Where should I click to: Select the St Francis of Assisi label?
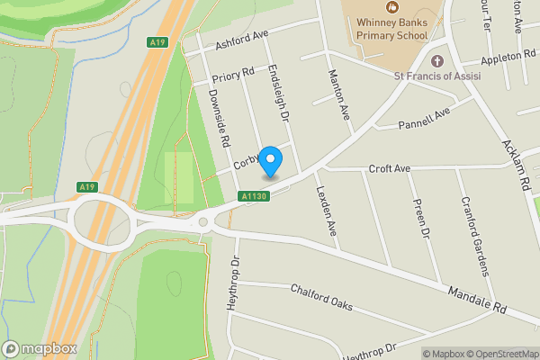[x=436, y=76]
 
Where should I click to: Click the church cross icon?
[x=437, y=61]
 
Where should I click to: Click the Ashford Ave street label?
[x=242, y=40]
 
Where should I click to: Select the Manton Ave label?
[x=339, y=94]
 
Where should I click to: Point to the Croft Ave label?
[x=389, y=168]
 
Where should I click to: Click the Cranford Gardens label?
[x=474, y=235]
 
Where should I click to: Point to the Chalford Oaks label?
[x=321, y=298]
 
